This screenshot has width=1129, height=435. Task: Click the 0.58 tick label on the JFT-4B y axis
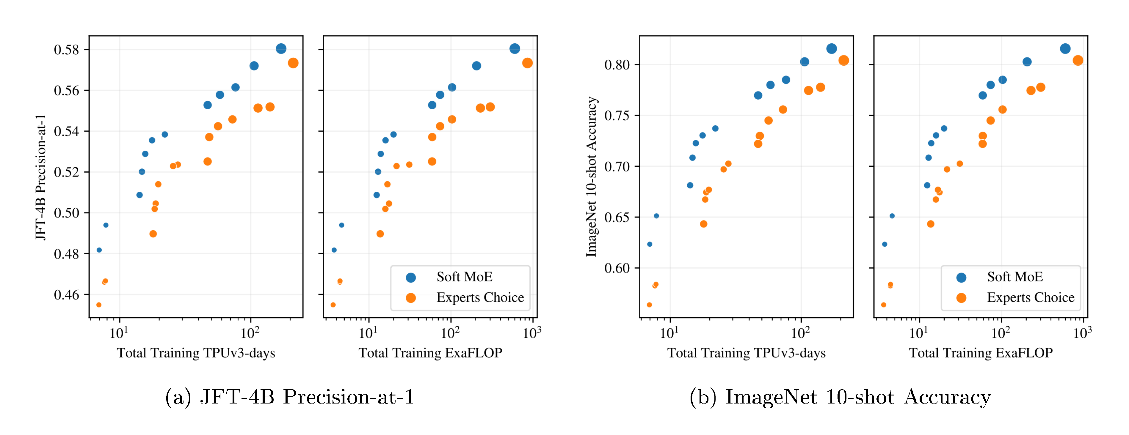[x=66, y=50]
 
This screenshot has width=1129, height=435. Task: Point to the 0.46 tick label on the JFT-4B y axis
[x=66, y=295]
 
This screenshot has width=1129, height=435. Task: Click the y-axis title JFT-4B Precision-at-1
[x=41, y=177]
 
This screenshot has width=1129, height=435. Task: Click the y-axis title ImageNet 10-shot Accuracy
[x=591, y=177]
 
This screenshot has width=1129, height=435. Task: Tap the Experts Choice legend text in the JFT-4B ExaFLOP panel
[x=480, y=297]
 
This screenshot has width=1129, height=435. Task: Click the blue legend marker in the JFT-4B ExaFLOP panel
[x=411, y=277]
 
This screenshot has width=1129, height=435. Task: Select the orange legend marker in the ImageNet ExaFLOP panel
[x=961, y=298]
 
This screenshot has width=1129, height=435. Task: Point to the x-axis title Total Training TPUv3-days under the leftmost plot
[x=196, y=353]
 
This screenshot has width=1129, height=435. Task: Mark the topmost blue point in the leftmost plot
[x=281, y=49]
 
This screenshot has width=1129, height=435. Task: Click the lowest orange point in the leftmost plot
[x=99, y=305]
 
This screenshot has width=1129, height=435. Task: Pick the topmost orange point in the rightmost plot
[x=1078, y=60]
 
